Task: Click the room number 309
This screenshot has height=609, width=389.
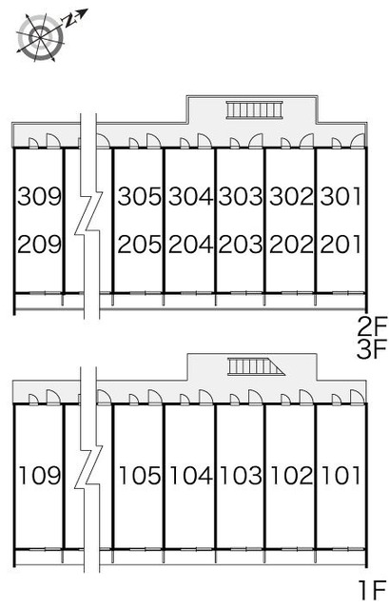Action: [40, 196]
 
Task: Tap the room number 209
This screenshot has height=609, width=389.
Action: [40, 245]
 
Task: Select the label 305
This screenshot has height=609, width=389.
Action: [140, 196]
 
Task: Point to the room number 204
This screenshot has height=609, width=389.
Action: [190, 245]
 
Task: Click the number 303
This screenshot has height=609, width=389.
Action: [241, 196]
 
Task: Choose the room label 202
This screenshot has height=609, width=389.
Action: [291, 245]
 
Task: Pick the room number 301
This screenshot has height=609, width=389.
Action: [340, 196]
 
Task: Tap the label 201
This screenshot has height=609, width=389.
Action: [340, 245]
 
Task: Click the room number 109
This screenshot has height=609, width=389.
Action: [40, 475]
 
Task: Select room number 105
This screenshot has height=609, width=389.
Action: [140, 475]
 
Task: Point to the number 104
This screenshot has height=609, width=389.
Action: [191, 475]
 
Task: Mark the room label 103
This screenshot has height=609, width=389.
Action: [241, 475]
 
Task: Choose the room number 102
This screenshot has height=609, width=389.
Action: [292, 475]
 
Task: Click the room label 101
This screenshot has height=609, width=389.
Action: [341, 475]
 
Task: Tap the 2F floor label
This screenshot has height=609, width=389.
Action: [372, 326]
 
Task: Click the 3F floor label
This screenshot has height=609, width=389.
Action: [372, 349]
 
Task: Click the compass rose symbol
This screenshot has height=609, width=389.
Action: [40, 36]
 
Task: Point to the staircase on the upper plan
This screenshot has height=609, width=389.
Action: [255, 109]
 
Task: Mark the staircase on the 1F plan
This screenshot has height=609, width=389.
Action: [256, 366]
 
